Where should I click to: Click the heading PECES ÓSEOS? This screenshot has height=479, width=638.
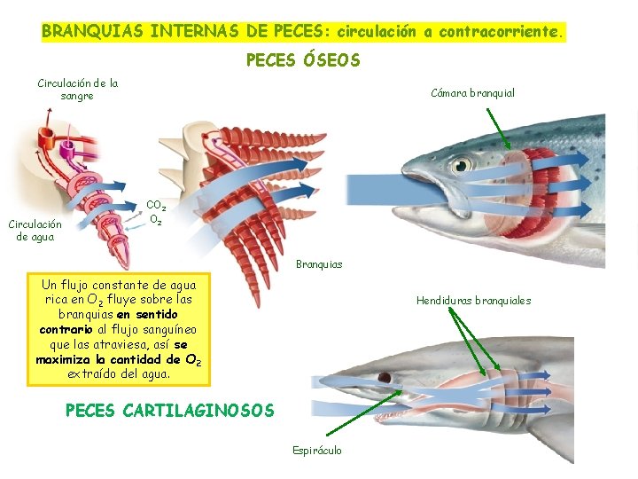click(x=302, y=60)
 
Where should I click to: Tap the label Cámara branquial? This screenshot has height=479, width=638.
click(x=472, y=92)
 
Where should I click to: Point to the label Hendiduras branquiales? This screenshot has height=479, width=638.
click(x=473, y=301)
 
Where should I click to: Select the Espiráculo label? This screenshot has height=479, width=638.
click(x=316, y=450)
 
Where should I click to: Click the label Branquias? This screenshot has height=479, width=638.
click(x=318, y=264)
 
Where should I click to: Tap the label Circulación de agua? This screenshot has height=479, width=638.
click(x=35, y=231)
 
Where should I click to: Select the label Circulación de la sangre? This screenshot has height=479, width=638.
click(x=78, y=90)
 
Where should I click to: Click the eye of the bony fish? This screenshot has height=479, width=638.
click(x=460, y=165)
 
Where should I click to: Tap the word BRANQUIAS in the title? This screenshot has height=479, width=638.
click(x=94, y=31)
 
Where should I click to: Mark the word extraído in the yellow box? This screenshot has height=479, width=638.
click(x=92, y=374)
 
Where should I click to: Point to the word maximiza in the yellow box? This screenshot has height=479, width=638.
click(x=66, y=359)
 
